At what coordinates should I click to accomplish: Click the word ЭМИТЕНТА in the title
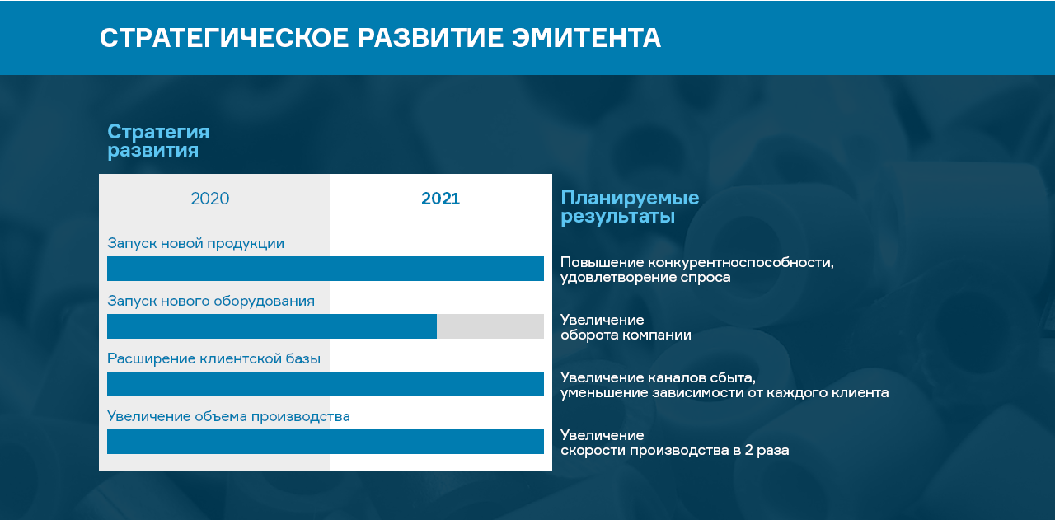pos(586,38)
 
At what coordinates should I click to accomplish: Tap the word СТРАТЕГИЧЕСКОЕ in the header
pos(224,38)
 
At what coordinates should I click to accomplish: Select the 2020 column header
pos(210,199)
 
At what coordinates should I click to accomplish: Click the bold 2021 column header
pos(440,199)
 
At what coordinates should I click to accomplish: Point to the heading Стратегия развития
pos(158,141)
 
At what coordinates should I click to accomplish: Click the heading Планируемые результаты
pos(630,207)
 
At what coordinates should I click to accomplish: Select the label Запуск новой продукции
pos(195,243)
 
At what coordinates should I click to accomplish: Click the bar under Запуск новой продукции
pos(326,269)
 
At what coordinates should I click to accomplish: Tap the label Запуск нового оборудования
pos(211,301)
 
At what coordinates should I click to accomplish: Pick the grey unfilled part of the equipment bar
pos(490,326)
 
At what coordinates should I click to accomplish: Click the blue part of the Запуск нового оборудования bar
pos(272,326)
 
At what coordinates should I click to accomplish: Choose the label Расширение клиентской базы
pos(213,358)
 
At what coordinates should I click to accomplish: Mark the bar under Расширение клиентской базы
pos(326,384)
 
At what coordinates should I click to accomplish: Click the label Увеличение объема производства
pos(228,416)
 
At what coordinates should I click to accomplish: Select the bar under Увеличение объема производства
pos(326,442)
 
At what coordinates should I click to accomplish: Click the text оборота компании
pos(626,335)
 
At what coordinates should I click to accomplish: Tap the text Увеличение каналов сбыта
pos(658,377)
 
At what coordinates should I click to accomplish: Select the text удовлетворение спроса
pos(645,278)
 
